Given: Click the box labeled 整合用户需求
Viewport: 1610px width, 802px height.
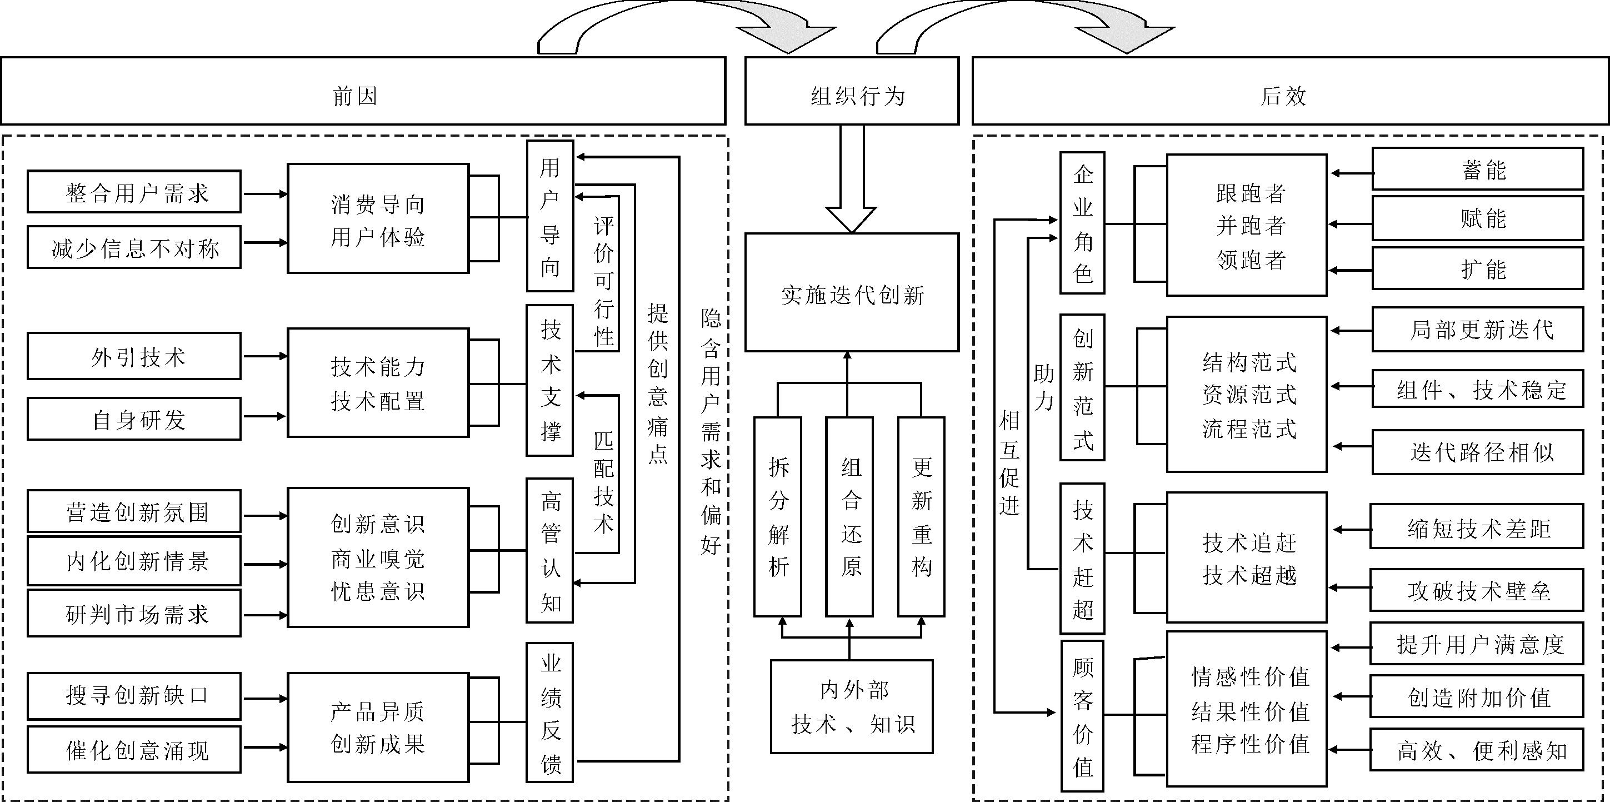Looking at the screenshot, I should pyautogui.click(x=134, y=192).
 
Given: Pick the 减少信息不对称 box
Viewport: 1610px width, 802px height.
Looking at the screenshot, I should pyautogui.click(x=134, y=247).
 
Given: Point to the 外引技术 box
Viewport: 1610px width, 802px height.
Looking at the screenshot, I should pyautogui.click(x=134, y=356).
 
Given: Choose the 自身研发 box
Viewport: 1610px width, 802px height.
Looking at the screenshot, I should pyautogui.click(x=134, y=419).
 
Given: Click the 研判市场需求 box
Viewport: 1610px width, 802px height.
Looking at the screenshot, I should pyautogui.click(x=134, y=614).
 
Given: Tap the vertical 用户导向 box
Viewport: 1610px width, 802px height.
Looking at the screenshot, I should pyautogui.click(x=550, y=216).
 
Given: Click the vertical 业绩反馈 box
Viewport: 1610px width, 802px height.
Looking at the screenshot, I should pyautogui.click(x=550, y=712).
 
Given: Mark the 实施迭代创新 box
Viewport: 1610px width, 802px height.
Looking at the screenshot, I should pyautogui.click(x=851, y=292).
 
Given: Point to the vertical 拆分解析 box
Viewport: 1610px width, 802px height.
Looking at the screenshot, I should pyautogui.click(x=778, y=517).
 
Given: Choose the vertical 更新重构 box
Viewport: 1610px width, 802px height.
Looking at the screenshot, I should pyautogui.click(x=921, y=517).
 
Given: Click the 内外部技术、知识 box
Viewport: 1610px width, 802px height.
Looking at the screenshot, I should pyautogui.click(x=851, y=707).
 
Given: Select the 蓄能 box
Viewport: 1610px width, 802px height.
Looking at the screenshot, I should pyautogui.click(x=1478, y=169).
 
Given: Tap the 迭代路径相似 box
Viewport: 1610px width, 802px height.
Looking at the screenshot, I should pyautogui.click(x=1478, y=451).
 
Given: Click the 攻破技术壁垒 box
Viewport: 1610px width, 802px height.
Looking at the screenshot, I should pyautogui.click(x=1476, y=590).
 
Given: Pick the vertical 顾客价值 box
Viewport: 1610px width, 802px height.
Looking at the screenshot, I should pyautogui.click(x=1082, y=716).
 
